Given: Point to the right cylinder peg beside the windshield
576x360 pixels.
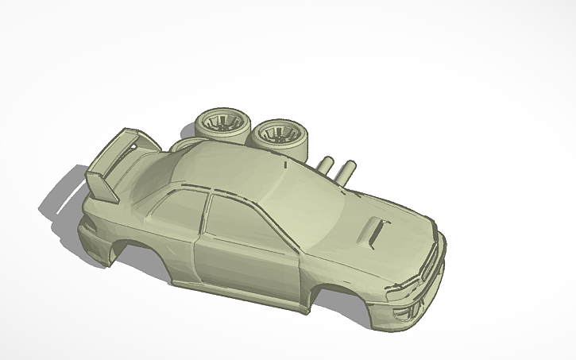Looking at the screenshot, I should pyautogui.click(x=346, y=172).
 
